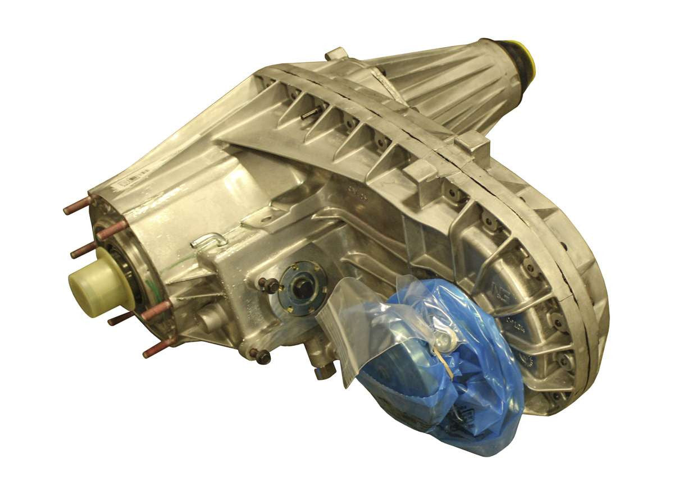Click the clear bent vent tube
[x=208, y=241]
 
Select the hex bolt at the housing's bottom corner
[x=261, y=355]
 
